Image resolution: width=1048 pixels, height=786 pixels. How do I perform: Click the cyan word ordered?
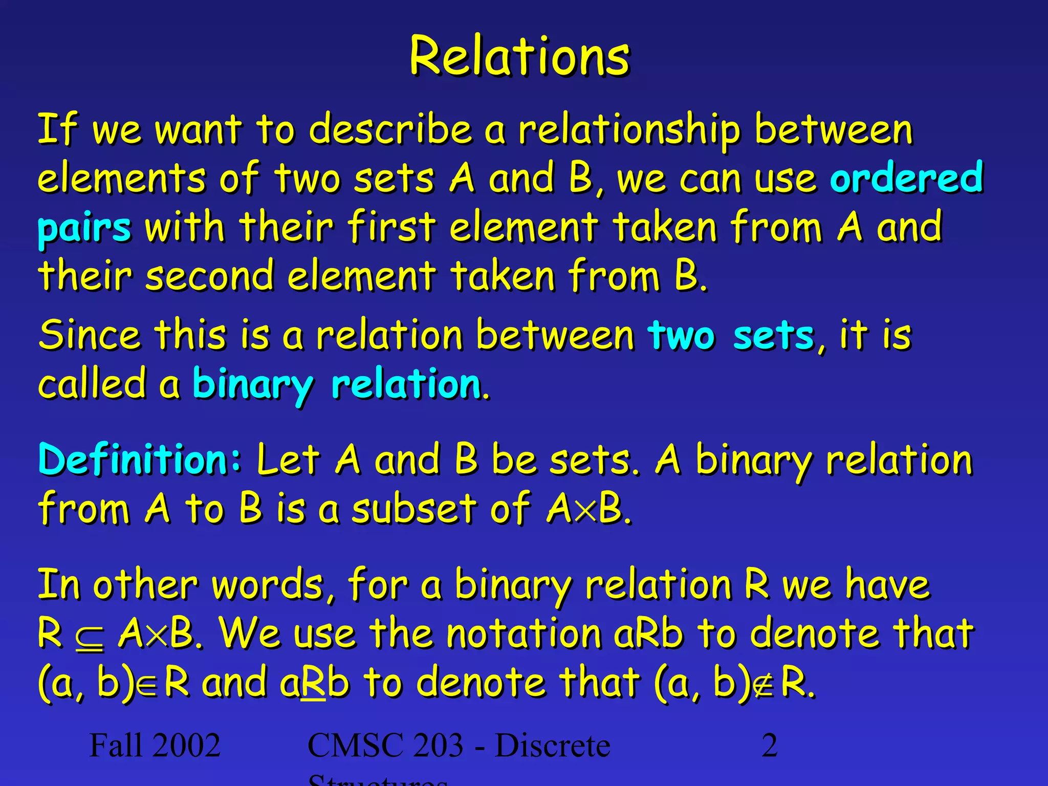pos(906,178)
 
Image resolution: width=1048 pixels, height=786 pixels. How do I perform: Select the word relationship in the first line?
pos(629,130)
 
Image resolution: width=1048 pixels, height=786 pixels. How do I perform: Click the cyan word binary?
pos(252,385)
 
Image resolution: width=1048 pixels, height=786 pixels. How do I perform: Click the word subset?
pos(414,509)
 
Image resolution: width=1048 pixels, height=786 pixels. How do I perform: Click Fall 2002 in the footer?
pos(155,745)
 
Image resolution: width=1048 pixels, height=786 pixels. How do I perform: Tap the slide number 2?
pos(769,745)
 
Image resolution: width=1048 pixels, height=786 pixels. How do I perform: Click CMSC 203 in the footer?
pos(385,745)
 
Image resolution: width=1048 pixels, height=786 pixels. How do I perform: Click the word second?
pos(209,276)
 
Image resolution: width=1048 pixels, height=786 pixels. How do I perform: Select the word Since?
pos(90,335)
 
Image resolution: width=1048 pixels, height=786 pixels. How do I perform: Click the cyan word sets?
pos(773,336)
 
